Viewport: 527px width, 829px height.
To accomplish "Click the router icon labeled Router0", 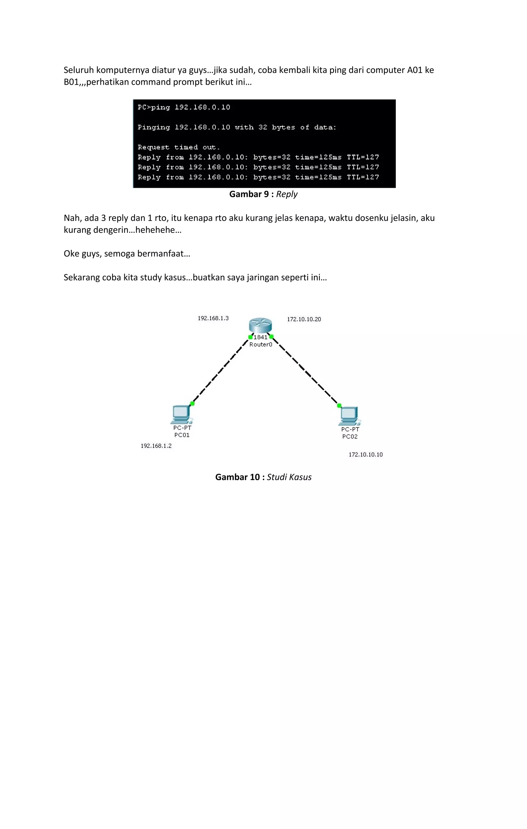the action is [260, 325].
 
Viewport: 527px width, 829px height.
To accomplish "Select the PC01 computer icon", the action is [181, 414].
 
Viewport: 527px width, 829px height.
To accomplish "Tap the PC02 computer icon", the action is [349, 416].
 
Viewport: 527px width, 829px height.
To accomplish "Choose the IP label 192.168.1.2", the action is [156, 446].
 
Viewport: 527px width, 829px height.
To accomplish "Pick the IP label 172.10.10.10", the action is [365, 454].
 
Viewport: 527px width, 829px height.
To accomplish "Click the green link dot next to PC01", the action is [192, 403].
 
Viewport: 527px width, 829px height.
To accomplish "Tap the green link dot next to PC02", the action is [339, 405].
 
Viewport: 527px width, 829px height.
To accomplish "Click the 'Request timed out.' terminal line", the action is [179, 147].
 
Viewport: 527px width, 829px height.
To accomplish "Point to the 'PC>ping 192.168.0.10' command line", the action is [184, 107].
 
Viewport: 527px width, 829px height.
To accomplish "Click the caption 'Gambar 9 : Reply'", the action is [263, 194].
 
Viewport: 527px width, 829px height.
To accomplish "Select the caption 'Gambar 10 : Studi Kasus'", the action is [263, 477].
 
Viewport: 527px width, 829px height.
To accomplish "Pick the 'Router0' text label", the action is [261, 345].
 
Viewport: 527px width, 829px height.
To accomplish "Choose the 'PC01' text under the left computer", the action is [182, 435].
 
